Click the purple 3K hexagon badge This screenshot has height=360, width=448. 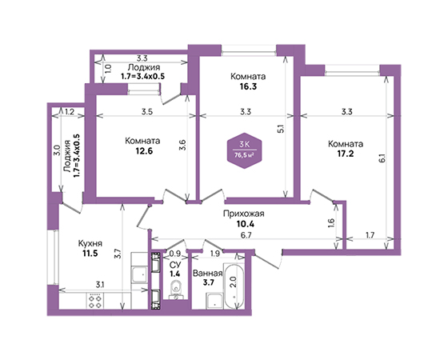[x=245, y=150]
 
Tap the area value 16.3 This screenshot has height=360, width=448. [x=248, y=86]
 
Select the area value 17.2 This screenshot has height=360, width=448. [x=346, y=154]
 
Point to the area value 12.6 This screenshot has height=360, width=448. [x=144, y=151]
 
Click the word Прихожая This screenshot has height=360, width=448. [x=243, y=214]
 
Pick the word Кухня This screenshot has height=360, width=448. [x=90, y=244]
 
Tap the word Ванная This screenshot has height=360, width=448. [x=207, y=274]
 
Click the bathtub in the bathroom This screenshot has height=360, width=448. [x=234, y=286]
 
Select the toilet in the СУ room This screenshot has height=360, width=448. [x=175, y=289]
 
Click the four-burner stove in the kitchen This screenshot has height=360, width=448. [x=95, y=302]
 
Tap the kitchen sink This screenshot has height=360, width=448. [x=139, y=274]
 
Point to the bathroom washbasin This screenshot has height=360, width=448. [x=214, y=301]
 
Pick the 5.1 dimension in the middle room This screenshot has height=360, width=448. [x=281, y=129]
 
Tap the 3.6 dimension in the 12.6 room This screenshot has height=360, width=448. [x=183, y=145]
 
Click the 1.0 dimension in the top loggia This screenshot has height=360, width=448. [x=108, y=69]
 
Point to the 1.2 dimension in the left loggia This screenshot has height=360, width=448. [x=70, y=112]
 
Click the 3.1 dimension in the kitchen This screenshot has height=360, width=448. [x=100, y=285]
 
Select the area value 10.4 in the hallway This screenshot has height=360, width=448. [x=245, y=224]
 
